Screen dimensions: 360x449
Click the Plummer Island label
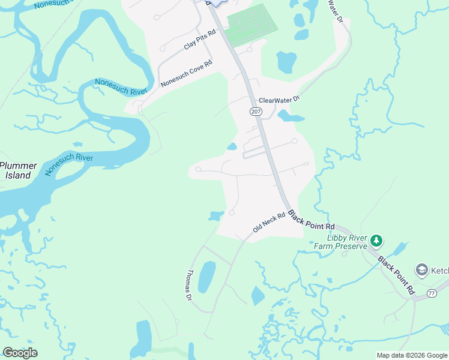[19, 170]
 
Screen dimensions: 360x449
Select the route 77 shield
[431, 293]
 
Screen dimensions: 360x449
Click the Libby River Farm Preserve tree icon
[376, 241]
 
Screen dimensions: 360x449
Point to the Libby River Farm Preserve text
[340, 241]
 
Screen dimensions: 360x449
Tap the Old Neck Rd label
[268, 223]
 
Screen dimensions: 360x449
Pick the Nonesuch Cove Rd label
[187, 74]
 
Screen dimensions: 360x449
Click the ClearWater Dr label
[279, 100]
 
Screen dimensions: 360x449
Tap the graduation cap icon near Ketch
[422, 270]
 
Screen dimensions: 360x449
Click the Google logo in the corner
[20, 352]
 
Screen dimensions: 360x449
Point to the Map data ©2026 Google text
[412, 355]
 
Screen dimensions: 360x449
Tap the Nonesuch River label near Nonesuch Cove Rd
[121, 87]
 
